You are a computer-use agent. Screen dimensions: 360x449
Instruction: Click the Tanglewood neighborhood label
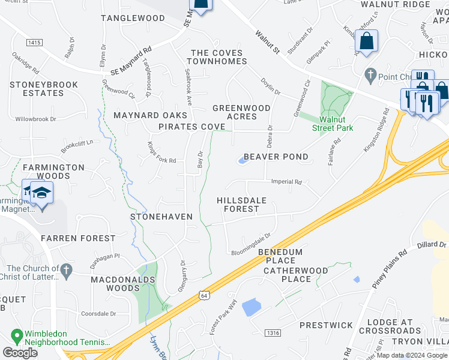coord(133,18)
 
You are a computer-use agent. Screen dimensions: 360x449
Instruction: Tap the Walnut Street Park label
coord(332,124)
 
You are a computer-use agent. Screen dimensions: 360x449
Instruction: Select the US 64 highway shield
coord(205,296)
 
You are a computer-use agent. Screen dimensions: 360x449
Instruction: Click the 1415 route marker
coord(35,42)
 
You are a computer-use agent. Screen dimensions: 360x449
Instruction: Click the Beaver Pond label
coord(277,157)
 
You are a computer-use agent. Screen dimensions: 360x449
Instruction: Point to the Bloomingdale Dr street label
coord(251,244)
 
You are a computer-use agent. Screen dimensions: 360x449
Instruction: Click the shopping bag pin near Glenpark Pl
coord(366,42)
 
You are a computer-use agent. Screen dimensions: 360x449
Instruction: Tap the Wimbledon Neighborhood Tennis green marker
coord(17,334)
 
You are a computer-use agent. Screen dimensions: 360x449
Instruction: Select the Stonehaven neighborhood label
coord(161,216)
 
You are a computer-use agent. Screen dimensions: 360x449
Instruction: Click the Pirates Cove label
coord(191,127)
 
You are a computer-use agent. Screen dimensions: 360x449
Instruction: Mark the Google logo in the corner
coord(20,353)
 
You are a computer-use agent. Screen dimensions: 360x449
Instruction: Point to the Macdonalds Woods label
coord(123,284)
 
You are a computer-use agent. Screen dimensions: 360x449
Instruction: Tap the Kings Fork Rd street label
coord(161,161)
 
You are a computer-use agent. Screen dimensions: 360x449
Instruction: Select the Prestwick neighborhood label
coord(326,325)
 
